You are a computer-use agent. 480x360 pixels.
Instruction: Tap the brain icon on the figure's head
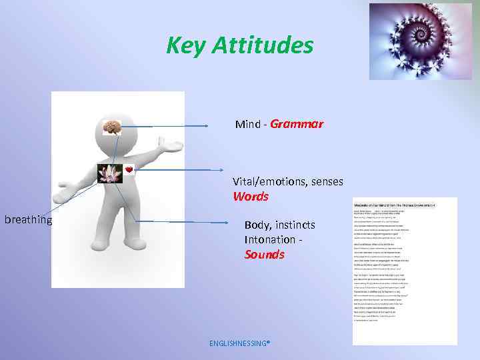tap(111, 127)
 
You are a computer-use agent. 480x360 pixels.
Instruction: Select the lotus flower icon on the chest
tap(109, 174)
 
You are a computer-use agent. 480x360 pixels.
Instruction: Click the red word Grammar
tap(297, 124)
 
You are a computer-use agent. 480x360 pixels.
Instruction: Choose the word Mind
tap(248, 124)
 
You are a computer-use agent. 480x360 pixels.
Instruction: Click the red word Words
tap(251, 197)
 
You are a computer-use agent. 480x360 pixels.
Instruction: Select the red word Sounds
tap(264, 255)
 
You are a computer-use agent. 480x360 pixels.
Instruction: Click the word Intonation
tap(269, 239)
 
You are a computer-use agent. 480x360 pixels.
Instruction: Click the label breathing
tap(29, 219)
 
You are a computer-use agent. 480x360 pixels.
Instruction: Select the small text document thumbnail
tap(405, 270)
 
